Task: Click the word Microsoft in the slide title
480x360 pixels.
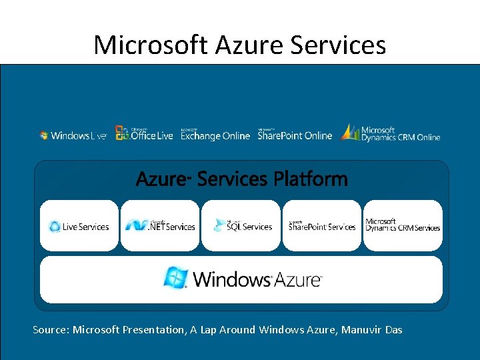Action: (x=151, y=45)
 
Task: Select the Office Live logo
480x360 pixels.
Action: (x=144, y=133)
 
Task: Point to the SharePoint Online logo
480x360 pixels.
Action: (x=295, y=134)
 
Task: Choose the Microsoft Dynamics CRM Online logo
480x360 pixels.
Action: (x=391, y=133)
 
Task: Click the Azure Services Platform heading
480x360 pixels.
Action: (x=241, y=179)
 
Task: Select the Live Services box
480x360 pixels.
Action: (x=79, y=226)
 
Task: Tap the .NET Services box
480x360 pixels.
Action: (x=160, y=226)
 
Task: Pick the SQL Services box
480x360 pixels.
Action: (x=241, y=226)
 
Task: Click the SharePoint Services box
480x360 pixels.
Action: (x=322, y=226)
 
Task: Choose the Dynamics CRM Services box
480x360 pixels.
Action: (x=403, y=226)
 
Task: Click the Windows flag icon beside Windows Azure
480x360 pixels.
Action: (x=175, y=277)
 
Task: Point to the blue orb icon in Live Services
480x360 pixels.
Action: (x=55, y=227)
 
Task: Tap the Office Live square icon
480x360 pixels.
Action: (x=122, y=133)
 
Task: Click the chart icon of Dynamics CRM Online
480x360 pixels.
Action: (x=349, y=132)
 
